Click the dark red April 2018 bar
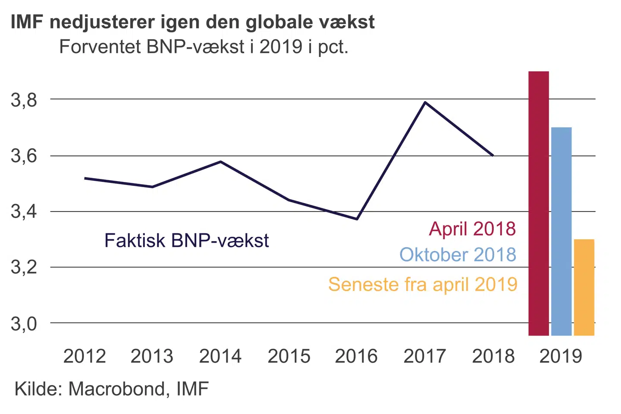[539, 203]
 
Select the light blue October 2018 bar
[561, 231]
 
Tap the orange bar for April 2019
[584, 287]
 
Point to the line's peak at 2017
[425, 102]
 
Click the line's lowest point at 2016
[357, 219]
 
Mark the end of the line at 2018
[493, 155]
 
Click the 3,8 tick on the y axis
[24, 100]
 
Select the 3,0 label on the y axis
[24, 323]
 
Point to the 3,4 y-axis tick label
[24, 212]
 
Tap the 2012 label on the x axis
[85, 356]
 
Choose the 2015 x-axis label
[289, 356]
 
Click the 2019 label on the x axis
[561, 356]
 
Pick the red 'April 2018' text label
[472, 229]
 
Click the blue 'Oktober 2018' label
[458, 254]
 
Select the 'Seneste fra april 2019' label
[423, 285]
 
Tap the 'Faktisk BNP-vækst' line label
[186, 241]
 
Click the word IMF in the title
[27, 22]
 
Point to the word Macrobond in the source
[116, 389]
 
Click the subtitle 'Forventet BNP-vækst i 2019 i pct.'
[204, 47]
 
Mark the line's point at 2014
[221, 162]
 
